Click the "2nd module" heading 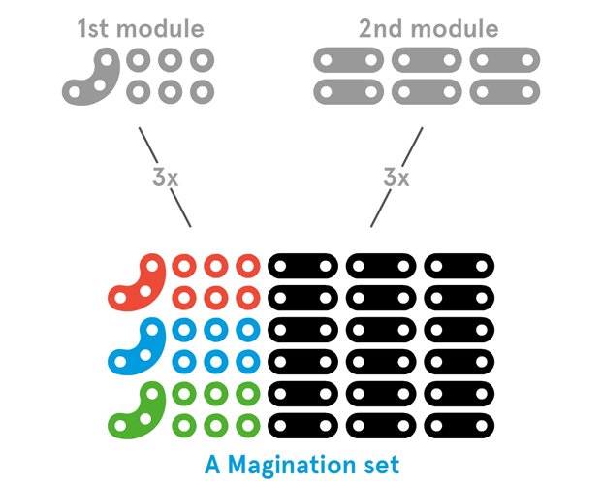tap(428, 27)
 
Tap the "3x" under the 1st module tap(165, 178)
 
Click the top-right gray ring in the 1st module tap(202, 61)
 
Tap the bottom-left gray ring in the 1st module tap(138, 93)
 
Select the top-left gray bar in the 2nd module tap(348, 61)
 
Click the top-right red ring tap(248, 264)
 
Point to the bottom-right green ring tap(248, 425)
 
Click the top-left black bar tap(301, 264)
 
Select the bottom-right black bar tap(459, 425)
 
